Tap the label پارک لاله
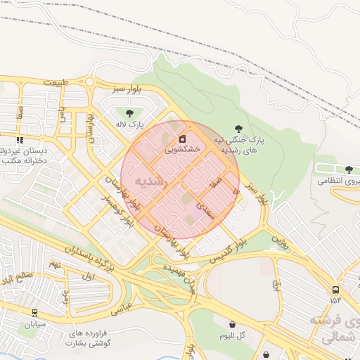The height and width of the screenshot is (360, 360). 130,124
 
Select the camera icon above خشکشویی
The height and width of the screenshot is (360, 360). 182,138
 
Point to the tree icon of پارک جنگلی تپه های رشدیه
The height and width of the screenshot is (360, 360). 239,129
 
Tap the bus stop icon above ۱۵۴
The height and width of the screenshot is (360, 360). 335,289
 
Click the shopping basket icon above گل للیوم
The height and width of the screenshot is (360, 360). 232,324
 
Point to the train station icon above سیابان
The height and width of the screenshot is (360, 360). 35,314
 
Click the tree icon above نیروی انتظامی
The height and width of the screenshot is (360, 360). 349,169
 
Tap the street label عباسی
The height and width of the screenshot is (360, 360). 122,308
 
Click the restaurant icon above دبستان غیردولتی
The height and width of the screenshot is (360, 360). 20,139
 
